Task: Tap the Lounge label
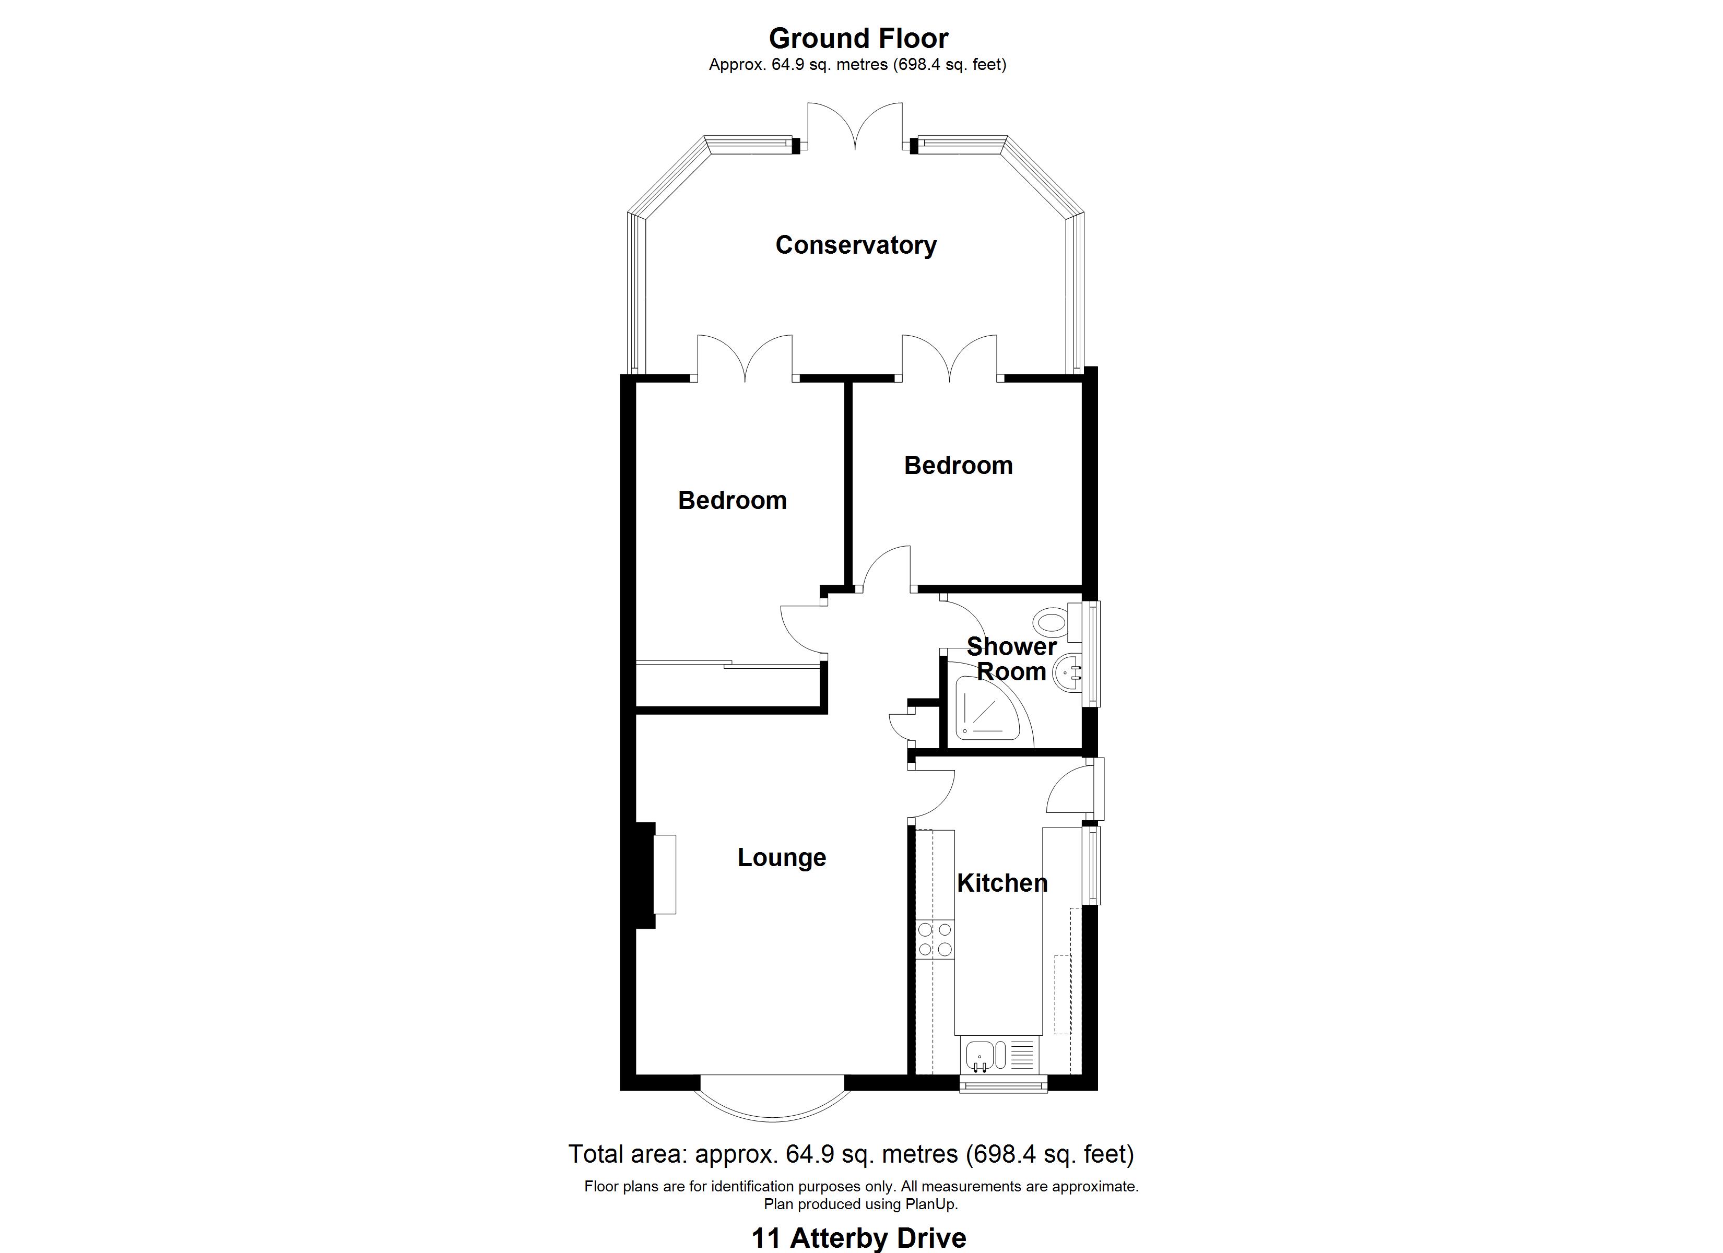[781, 857]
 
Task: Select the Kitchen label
[1001, 882]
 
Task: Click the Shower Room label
[1011, 659]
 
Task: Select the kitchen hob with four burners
[935, 939]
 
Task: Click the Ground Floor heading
[858, 38]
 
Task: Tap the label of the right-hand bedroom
[958, 465]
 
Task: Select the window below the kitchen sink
[1003, 1086]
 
